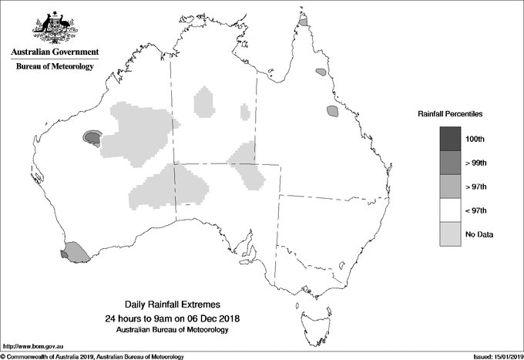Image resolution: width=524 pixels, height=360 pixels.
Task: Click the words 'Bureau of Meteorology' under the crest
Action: click(55, 67)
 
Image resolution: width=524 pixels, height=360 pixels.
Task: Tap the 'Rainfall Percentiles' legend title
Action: click(450, 114)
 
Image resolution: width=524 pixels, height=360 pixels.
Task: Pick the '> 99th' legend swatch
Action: click(450, 163)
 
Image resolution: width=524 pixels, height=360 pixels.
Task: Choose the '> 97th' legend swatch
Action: click(450, 187)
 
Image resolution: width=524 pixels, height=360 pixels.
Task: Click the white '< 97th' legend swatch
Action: click(450, 210)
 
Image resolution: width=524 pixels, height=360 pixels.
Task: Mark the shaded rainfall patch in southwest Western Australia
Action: click(75, 251)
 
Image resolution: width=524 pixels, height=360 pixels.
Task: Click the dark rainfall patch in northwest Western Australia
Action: click(92, 138)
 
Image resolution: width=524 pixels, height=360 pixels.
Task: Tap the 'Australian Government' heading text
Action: click(55, 52)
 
